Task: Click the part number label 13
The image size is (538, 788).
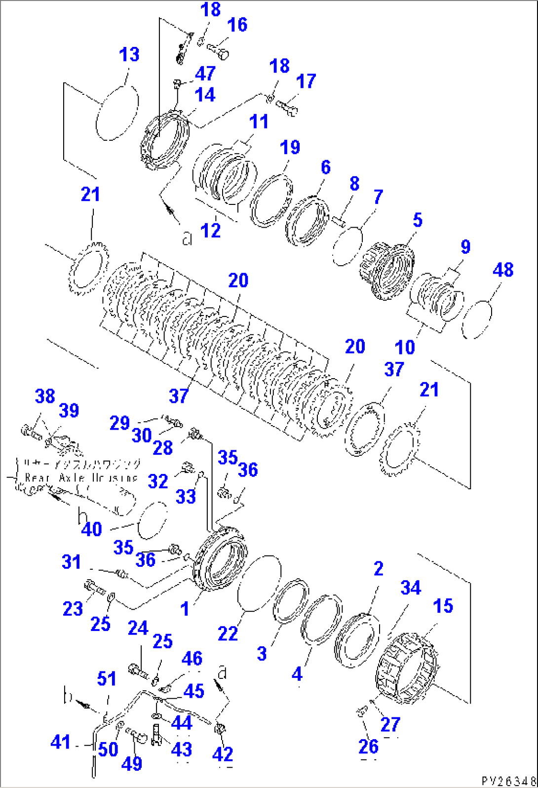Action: (129, 55)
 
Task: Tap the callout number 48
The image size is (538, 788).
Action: (502, 270)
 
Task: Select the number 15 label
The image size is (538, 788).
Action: (442, 606)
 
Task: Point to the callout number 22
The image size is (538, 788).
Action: (228, 633)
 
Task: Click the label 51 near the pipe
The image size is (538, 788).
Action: (107, 678)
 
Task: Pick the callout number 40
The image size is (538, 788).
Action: (91, 529)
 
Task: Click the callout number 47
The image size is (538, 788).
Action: (205, 73)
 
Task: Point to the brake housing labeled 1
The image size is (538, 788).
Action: (221, 558)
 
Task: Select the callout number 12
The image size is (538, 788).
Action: (211, 230)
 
